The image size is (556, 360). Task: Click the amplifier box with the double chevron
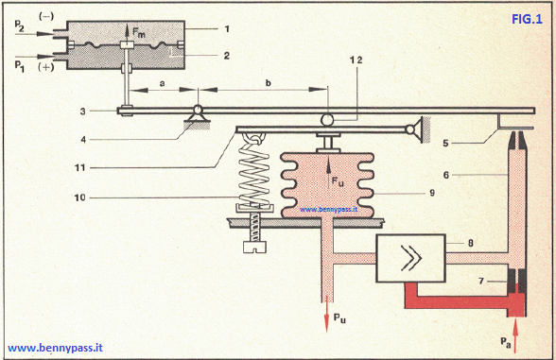click(409, 255)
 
